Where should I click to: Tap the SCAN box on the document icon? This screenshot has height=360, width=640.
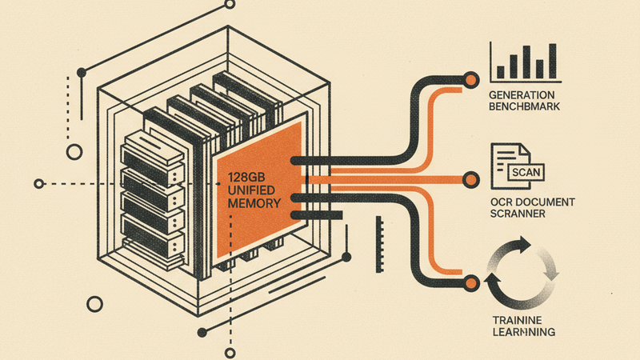[x=524, y=170]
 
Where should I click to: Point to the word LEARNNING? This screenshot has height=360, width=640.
[x=523, y=331]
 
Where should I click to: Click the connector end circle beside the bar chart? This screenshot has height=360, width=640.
[x=471, y=79]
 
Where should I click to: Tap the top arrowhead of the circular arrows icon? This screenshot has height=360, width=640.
[x=526, y=242]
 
